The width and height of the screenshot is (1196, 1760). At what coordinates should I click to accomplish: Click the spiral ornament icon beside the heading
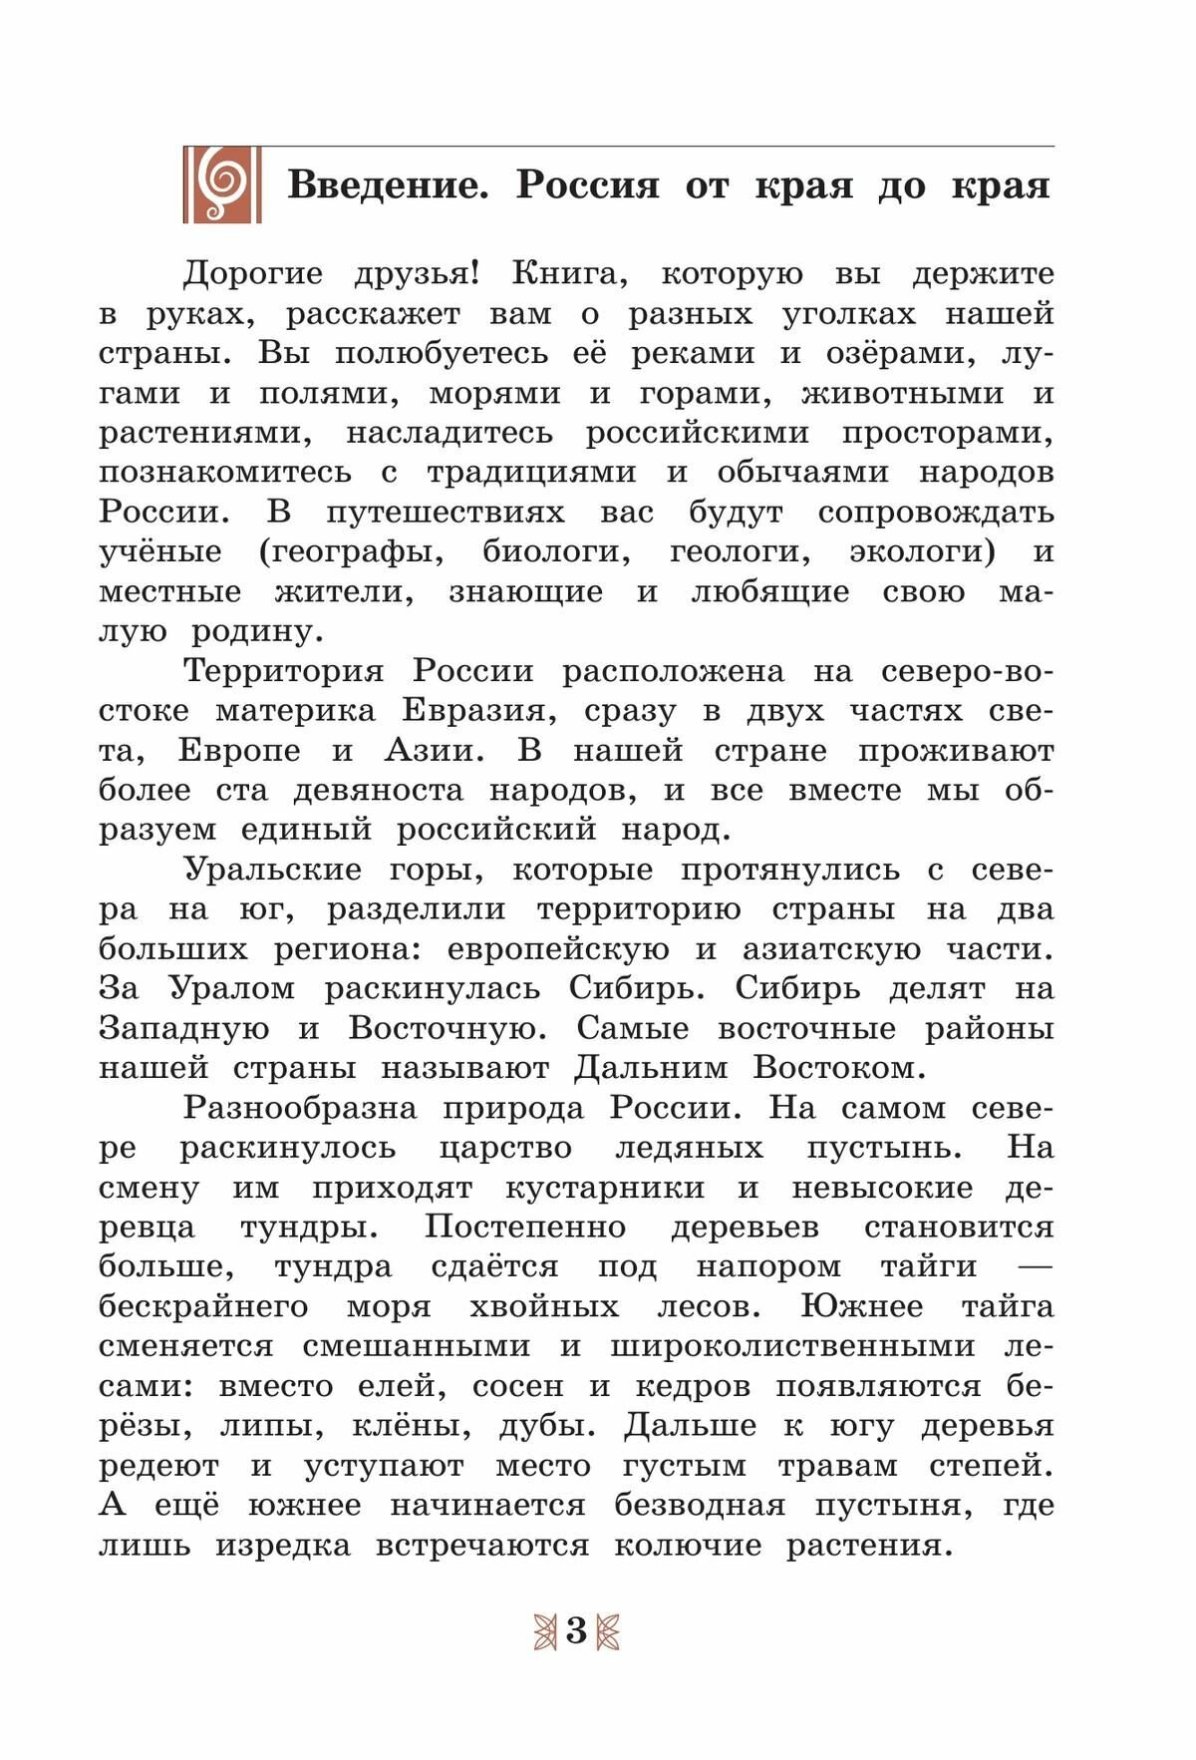coord(222,184)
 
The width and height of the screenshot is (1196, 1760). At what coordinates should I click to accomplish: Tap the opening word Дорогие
coord(253,273)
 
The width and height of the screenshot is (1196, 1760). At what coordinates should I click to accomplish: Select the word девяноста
coord(379,791)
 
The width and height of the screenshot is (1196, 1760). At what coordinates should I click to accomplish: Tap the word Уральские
coord(273,870)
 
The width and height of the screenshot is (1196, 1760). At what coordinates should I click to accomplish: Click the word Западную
coord(183,1028)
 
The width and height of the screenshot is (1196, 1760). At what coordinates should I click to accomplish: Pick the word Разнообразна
coord(300,1108)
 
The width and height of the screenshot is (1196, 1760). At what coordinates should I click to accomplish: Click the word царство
coord(505,1148)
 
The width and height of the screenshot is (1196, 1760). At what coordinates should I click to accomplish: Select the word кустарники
coord(604,1188)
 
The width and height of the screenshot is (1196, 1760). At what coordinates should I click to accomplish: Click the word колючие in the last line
coord(688,1546)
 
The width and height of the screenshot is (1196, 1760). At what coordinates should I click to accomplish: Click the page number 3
coord(576,1631)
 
